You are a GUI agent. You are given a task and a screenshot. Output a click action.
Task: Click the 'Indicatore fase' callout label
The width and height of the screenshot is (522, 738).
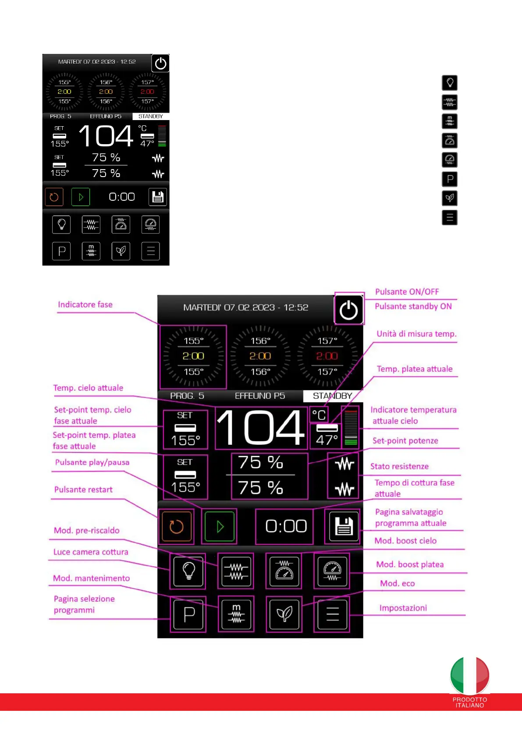click(x=85, y=305)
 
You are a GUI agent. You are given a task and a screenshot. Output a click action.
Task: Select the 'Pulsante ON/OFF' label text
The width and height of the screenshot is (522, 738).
click(x=407, y=292)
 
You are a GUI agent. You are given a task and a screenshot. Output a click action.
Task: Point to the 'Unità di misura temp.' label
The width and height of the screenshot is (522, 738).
click(x=416, y=334)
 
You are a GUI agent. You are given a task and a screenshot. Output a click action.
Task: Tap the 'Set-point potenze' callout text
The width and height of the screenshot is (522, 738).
click(x=405, y=441)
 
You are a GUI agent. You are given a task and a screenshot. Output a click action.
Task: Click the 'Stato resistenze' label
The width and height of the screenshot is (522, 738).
click(x=399, y=466)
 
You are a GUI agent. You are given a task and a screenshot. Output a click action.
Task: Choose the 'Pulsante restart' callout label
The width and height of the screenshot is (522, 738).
click(x=83, y=490)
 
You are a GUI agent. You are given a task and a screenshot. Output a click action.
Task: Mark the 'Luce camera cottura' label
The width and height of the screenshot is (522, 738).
click(x=91, y=552)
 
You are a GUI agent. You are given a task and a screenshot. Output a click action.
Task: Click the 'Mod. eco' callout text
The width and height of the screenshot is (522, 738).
click(x=397, y=583)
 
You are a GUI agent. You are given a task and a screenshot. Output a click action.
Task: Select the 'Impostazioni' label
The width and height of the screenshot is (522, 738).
click(x=403, y=608)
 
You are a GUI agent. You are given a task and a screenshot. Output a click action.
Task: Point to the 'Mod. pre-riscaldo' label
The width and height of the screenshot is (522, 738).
click(x=86, y=530)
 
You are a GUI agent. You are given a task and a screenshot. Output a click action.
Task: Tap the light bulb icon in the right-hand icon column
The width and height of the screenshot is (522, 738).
click(x=450, y=83)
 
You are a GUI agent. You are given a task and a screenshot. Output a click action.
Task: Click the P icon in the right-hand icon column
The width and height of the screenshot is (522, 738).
click(x=450, y=179)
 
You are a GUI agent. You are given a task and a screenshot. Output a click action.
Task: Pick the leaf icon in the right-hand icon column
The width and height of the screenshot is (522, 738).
click(x=450, y=198)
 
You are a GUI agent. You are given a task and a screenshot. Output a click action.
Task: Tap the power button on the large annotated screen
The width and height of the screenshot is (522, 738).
click(x=349, y=310)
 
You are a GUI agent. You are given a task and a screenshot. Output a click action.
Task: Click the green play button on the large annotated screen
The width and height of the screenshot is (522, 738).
click(x=220, y=526)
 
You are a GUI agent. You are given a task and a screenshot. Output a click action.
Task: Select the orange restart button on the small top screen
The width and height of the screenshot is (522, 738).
click(x=54, y=197)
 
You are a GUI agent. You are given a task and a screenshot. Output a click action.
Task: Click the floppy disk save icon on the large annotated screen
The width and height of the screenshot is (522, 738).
click(x=344, y=526)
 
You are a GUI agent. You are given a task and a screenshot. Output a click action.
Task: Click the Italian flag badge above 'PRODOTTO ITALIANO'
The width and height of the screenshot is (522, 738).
click(x=469, y=675)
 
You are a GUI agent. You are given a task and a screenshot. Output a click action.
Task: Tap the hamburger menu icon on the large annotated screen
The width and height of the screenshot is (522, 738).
click(x=332, y=614)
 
